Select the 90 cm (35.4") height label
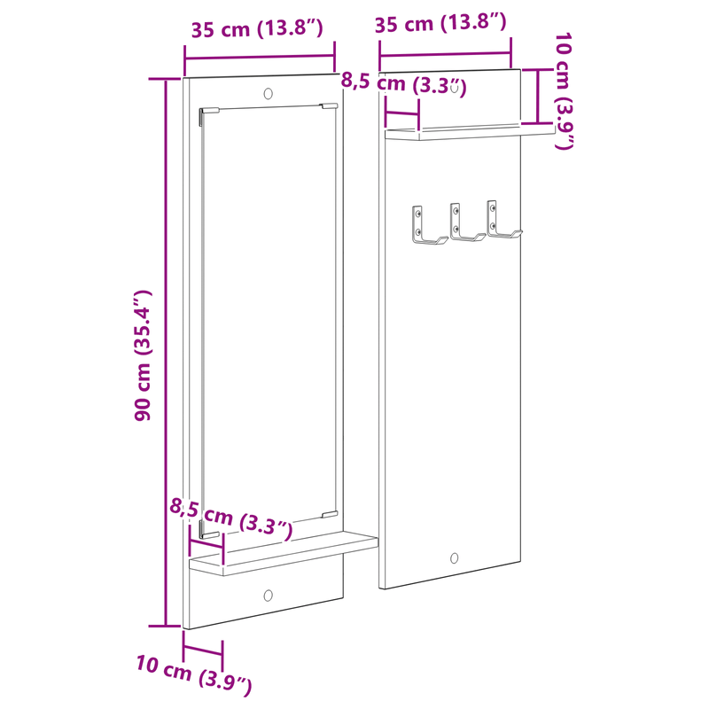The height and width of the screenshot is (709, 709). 144,354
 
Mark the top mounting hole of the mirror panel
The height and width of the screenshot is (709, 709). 269,92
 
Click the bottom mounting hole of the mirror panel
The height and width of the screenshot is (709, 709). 268,596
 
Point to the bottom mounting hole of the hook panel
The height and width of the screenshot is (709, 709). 455,558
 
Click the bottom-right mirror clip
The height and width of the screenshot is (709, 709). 329,514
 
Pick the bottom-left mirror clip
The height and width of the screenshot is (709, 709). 209,534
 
